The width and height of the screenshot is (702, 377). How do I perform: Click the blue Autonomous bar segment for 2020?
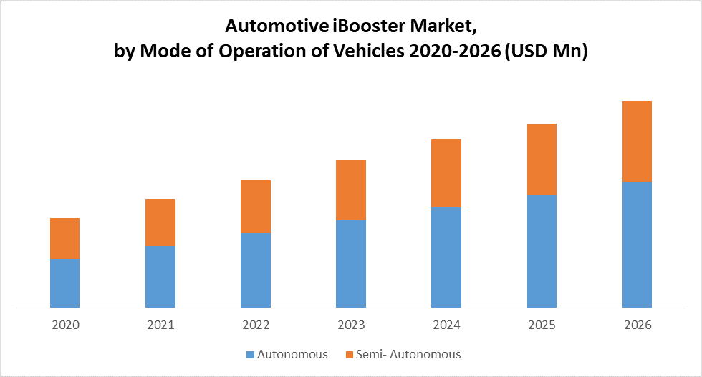point(64,283)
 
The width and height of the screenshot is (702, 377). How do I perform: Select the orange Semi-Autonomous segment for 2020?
point(64,238)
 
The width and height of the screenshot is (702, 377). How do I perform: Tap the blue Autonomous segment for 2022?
point(256,270)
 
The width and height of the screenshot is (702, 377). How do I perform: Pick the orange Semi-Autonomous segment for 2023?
point(351,190)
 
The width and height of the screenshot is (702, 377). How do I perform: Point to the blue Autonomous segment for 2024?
point(446,258)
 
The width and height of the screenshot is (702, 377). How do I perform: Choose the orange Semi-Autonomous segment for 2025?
point(542,159)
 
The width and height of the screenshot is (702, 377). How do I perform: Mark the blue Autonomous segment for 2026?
point(637,245)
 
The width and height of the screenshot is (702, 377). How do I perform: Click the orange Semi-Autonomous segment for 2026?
point(637,141)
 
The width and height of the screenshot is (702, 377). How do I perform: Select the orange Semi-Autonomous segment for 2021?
point(160,222)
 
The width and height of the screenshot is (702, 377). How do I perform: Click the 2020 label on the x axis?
point(65,325)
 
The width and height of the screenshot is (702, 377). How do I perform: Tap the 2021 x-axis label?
point(160,325)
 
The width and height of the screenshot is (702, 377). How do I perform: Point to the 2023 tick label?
point(351,325)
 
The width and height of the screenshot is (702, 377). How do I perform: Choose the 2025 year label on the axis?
point(542,325)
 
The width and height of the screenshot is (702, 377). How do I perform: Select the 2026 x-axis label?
point(638,325)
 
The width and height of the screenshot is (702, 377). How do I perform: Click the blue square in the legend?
point(250,355)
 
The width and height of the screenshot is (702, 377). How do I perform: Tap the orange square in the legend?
point(350,355)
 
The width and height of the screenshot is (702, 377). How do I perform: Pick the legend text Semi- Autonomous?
point(409,354)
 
